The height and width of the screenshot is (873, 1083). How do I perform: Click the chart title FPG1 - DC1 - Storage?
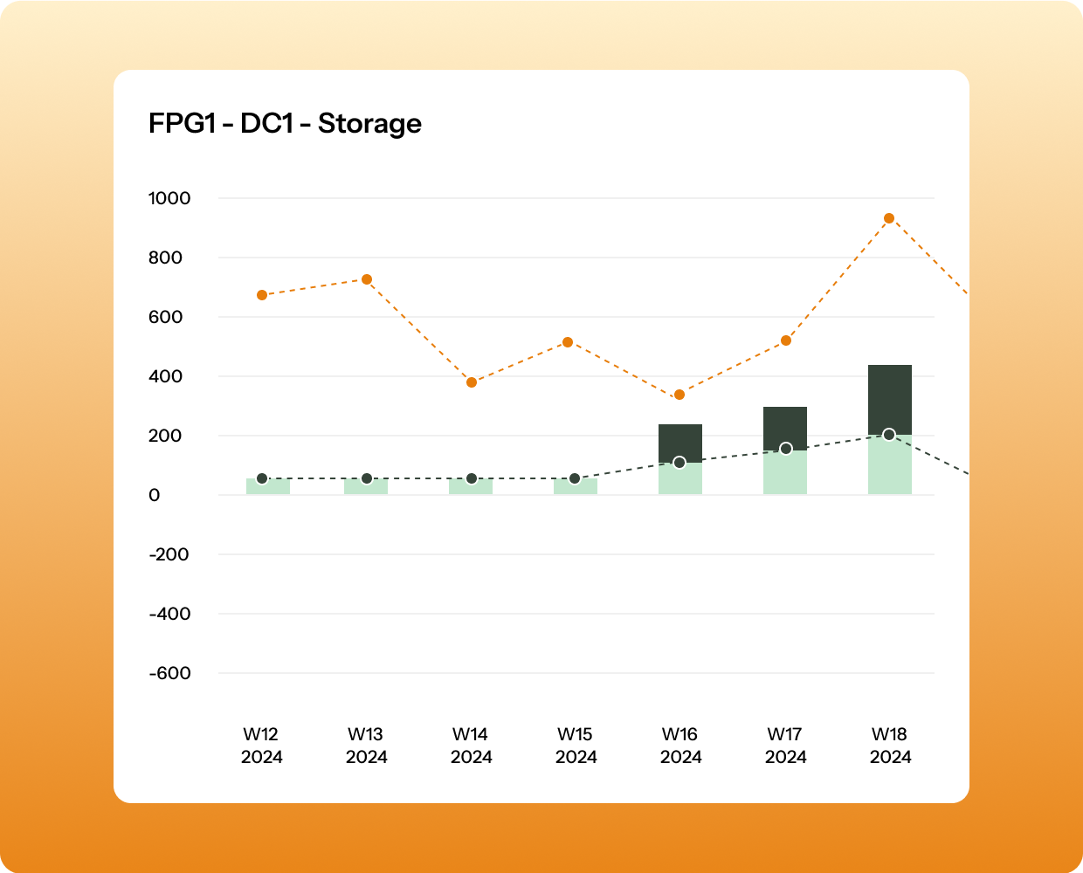285,124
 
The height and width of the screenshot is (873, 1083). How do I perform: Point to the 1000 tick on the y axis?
169,198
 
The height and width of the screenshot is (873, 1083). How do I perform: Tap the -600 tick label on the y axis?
169,673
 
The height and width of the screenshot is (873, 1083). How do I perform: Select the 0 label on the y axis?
155,495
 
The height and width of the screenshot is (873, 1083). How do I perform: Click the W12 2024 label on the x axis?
262,746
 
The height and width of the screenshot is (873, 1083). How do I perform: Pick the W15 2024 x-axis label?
576,746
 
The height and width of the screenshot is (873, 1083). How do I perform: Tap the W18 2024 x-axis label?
890,746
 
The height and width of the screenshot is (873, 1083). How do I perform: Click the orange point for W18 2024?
889,218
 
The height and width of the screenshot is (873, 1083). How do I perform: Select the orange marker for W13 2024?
367,279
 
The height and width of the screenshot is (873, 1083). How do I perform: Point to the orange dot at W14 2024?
472,382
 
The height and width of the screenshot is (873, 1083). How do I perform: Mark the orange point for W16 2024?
679,395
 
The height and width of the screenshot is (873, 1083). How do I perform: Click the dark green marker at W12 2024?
262,478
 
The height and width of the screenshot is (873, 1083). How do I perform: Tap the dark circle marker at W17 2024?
786,449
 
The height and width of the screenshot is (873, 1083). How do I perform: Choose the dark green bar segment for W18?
890,397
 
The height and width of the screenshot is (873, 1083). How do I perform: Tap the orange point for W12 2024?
262,295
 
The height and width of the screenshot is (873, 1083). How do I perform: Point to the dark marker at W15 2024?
575,478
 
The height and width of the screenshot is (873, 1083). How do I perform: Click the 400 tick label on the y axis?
165,376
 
